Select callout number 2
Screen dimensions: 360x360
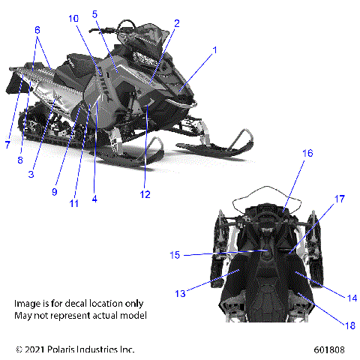tap(176, 23)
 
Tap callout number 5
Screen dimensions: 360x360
tap(95, 13)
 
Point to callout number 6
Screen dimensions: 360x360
tap(37, 29)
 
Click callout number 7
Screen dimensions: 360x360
tap(7, 143)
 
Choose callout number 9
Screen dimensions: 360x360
tap(55, 191)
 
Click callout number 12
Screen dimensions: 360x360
tap(145, 194)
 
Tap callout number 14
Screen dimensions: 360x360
tap(331, 298)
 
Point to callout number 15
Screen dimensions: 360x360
tap(175, 255)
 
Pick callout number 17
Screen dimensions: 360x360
tap(339, 199)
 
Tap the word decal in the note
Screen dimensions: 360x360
tap(85, 303)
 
